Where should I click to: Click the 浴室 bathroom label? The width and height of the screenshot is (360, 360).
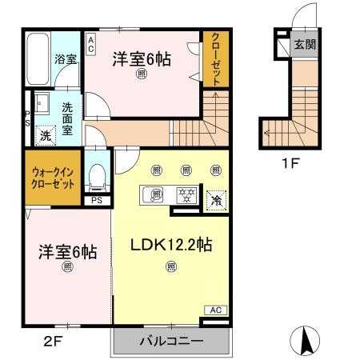(65, 58)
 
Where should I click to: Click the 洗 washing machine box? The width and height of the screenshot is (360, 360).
(46, 135)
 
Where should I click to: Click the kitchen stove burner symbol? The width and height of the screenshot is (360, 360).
(186, 194)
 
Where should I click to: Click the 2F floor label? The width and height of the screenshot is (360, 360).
(52, 341)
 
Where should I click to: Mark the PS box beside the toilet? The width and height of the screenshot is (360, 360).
(97, 200)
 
